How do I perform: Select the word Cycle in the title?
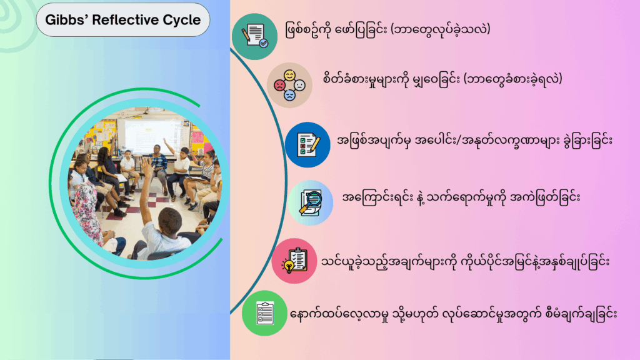coord(182,21)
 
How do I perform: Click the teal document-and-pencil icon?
coord(255,36)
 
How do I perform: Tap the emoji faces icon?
coord(289,85)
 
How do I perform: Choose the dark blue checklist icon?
coord(307,144)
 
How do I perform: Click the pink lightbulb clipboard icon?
coord(294,261)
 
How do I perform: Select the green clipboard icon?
coord(264,313)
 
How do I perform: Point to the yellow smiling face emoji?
coord(290,76)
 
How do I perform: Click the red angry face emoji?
coord(279,85)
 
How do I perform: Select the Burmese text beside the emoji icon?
coord(442,79)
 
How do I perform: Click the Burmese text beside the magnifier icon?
coord(461,198)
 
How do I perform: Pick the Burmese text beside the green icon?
coord(454,314)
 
